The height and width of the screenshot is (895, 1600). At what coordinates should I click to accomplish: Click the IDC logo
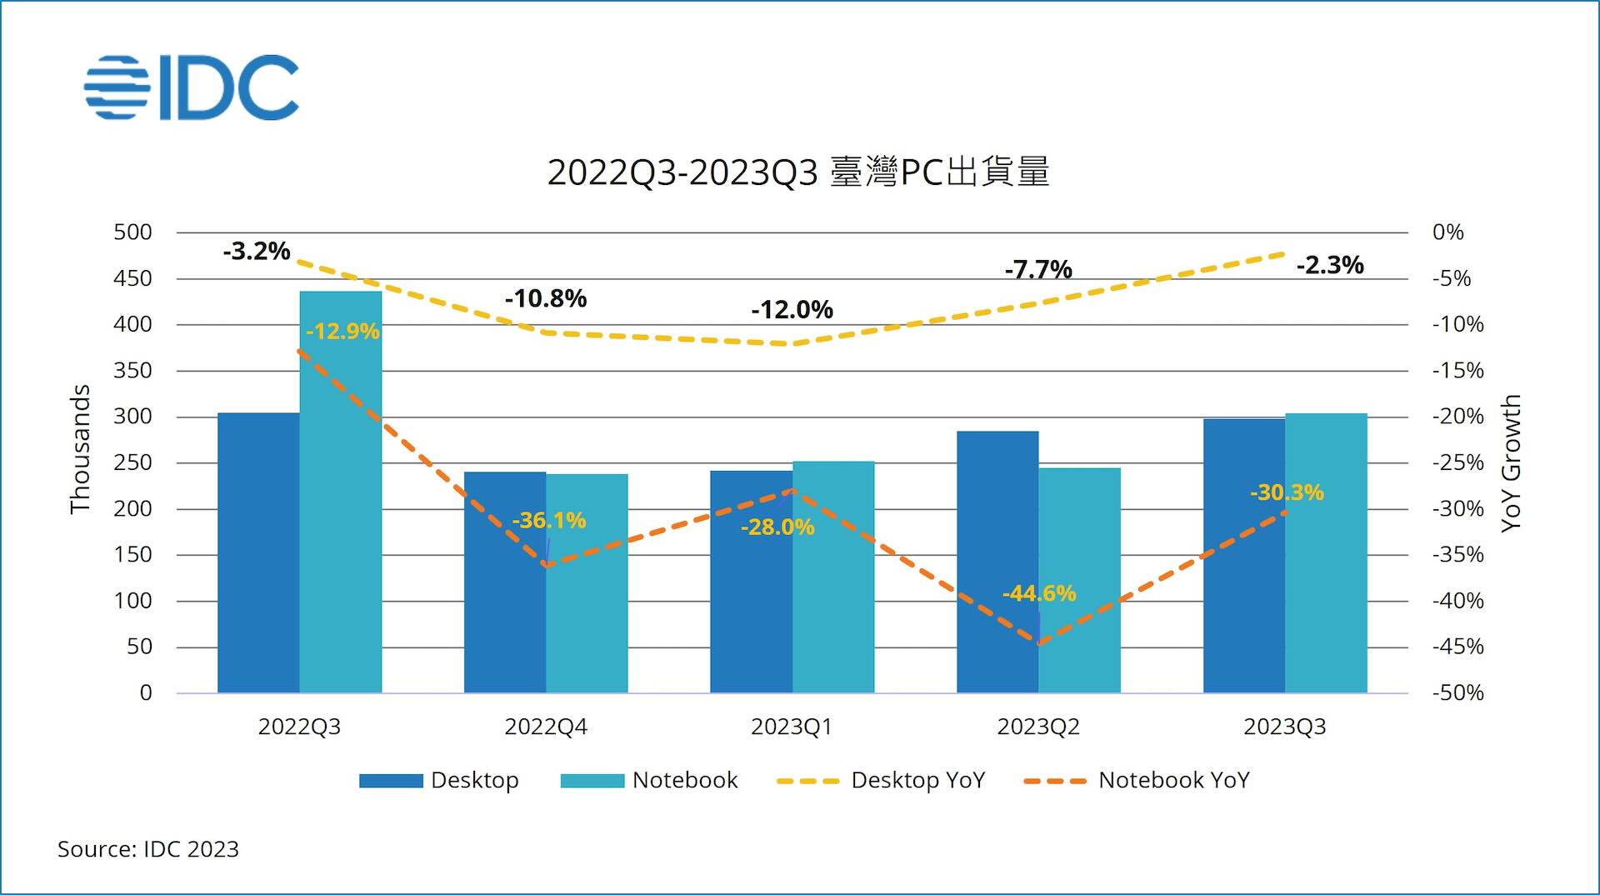tap(192, 87)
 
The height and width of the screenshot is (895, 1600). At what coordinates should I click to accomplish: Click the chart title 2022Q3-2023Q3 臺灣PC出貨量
tap(797, 172)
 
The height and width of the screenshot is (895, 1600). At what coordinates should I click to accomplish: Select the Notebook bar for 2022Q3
tap(341, 500)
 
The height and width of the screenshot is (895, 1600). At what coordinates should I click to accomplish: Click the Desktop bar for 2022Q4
tap(504, 583)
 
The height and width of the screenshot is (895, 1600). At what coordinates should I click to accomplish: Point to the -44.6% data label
tap(1038, 593)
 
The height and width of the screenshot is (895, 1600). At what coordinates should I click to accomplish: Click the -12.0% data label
tap(792, 310)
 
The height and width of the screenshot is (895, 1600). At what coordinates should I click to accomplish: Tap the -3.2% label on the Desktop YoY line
tap(256, 251)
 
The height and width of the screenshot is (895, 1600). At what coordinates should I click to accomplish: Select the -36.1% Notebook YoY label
tap(548, 521)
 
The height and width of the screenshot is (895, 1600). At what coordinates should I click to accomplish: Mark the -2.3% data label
tap(1330, 265)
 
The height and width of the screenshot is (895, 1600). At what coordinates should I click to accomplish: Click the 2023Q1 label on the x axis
tap(791, 727)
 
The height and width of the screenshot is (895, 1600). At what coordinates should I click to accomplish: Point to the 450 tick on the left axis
tap(133, 278)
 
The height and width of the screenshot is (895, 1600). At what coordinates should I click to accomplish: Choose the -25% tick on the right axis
tap(1457, 462)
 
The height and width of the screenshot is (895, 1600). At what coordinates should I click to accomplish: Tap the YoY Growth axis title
tap(1511, 462)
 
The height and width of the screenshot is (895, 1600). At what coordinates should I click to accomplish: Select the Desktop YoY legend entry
tap(881, 780)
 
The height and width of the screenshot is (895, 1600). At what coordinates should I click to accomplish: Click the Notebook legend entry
tap(649, 780)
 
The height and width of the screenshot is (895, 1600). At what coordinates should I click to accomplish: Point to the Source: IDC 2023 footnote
tap(148, 849)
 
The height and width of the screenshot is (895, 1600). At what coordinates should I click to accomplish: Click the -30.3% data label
tap(1287, 492)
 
